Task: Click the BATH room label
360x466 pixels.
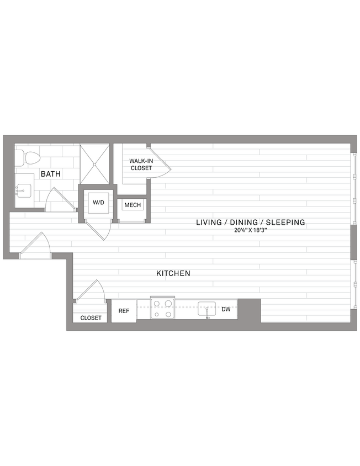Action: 50,174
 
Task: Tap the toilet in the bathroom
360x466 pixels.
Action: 28,158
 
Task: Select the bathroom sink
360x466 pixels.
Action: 24,192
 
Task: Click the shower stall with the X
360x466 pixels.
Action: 95,163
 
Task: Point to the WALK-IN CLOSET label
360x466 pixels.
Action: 141,164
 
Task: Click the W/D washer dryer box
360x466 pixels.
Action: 98,203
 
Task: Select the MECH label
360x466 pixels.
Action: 133,205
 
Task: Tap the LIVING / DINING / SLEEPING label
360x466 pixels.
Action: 250,223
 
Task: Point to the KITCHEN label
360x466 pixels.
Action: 173,273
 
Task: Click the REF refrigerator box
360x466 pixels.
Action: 124,311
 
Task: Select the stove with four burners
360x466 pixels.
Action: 162,309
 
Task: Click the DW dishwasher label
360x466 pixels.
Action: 226,309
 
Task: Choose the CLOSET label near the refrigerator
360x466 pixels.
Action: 91,318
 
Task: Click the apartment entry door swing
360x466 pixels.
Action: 36,246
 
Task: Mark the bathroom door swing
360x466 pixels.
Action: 60,200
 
